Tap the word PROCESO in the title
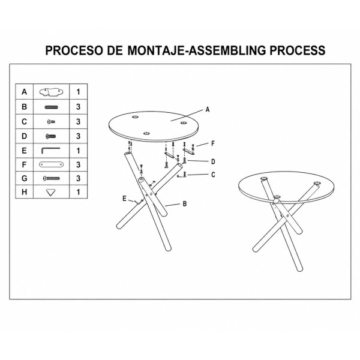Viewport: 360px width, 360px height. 74,50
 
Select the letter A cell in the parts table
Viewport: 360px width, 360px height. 25,92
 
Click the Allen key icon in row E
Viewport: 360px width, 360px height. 51,151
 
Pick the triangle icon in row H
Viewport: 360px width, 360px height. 51,193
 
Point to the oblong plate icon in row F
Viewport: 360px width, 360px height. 51,164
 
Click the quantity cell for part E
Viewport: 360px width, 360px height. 78,151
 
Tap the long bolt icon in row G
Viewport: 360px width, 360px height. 52,178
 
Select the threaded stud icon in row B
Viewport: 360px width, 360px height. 51,107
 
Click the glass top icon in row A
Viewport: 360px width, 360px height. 51,92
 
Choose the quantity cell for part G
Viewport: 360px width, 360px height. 78,178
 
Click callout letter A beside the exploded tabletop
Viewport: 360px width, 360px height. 208,110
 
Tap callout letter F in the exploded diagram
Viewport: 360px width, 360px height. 213,144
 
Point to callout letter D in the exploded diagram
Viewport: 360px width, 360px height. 213,161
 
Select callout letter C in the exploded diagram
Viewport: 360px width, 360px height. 213,175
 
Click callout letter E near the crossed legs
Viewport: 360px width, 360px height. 124,199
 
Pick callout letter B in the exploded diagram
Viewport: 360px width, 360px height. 185,203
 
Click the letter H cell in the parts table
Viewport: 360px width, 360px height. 25,192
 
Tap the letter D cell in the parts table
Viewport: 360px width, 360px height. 25,136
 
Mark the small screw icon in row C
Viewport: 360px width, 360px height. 51,122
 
